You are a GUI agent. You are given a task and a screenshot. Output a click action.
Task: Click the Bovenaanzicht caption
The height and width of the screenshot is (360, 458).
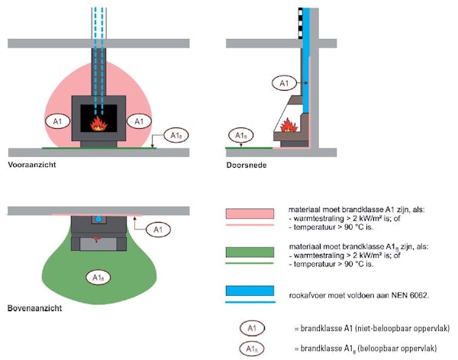[35, 309]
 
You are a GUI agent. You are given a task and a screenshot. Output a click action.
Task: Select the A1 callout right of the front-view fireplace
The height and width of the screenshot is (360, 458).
[137, 121]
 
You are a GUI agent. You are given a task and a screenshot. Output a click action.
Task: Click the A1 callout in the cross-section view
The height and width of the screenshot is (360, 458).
[282, 82]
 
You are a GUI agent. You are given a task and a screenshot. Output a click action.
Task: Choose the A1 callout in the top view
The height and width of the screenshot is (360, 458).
[156, 228]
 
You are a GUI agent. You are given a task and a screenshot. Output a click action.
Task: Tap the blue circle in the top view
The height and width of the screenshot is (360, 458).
[97, 219]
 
